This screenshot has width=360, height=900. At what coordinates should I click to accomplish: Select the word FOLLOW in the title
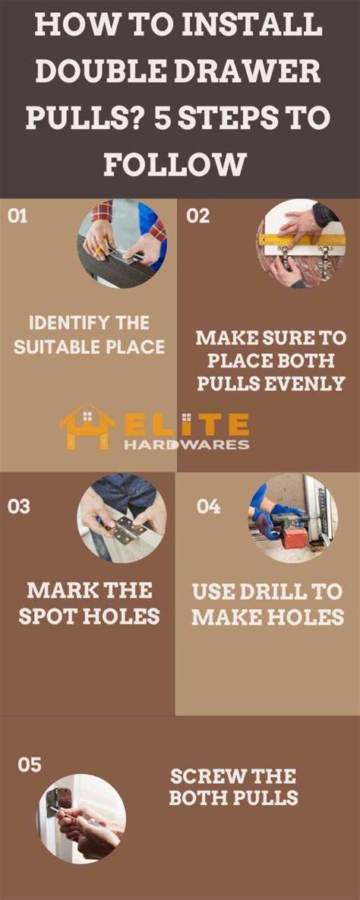[175, 163]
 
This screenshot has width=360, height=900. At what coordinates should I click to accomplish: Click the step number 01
[17, 217]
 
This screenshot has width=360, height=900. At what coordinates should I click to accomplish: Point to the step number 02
[198, 217]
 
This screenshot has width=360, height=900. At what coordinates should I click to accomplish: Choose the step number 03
[19, 507]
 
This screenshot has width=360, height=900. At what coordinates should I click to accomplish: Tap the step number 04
[208, 507]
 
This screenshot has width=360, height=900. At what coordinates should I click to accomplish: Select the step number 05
[30, 765]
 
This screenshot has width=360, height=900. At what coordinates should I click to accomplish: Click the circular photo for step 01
[122, 243]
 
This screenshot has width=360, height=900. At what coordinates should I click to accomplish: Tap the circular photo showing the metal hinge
[122, 518]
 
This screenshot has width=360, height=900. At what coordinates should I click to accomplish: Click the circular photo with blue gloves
[293, 518]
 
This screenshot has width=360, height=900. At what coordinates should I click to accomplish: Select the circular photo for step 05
[81, 819]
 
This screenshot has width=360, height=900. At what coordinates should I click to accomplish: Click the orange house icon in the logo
[87, 426]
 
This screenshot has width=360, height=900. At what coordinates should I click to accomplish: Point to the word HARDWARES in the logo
[188, 444]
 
